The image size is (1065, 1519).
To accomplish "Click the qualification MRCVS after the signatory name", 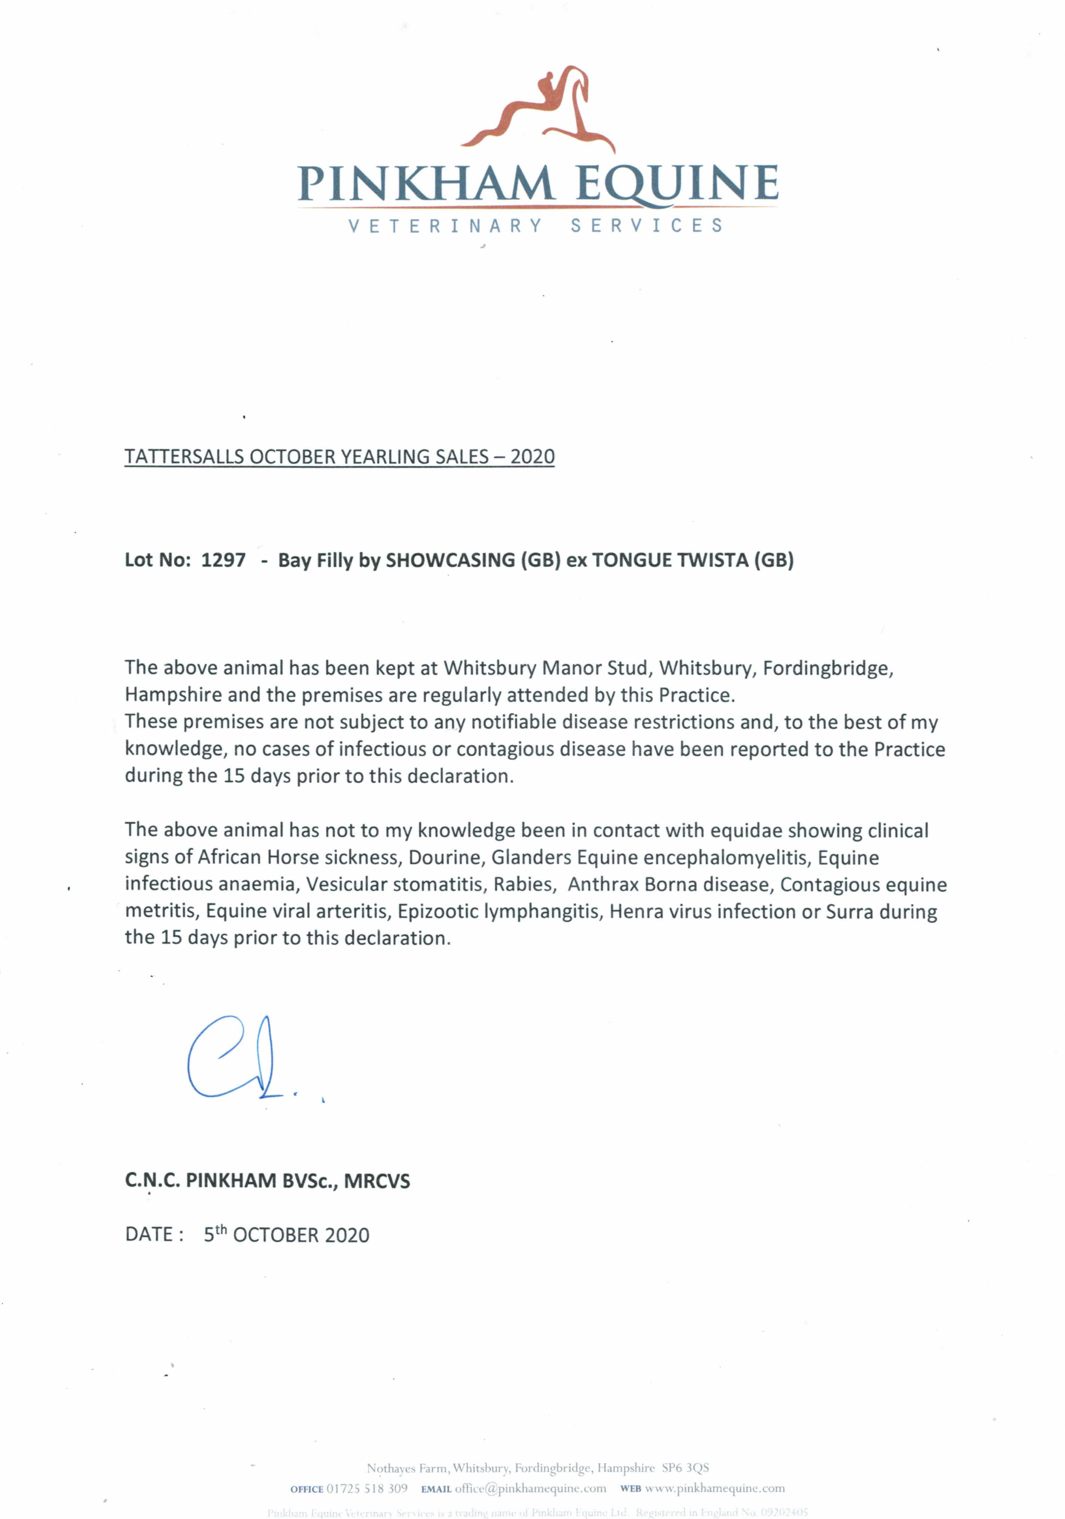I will pyautogui.click(x=377, y=1181).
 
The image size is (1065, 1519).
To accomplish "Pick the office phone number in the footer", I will pyautogui.click(x=367, y=1489).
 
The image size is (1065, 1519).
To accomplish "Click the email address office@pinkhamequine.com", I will pyautogui.click(x=530, y=1489).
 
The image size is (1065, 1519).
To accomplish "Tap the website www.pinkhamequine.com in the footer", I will pyautogui.click(x=714, y=1489).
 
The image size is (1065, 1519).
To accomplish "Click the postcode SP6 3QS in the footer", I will pyautogui.click(x=685, y=1468).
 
